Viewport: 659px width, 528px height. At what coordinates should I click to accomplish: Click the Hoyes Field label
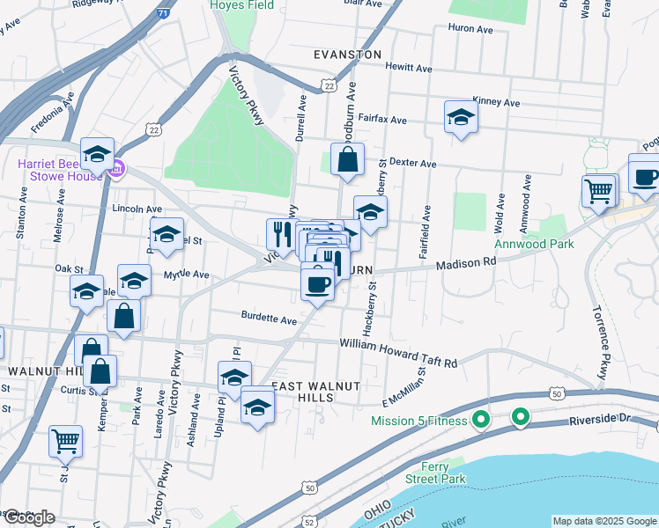244,5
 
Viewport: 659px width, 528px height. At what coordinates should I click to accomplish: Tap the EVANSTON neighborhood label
348,55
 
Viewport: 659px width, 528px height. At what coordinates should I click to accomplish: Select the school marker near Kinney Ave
461,117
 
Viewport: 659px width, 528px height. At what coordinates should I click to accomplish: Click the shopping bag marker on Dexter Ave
348,159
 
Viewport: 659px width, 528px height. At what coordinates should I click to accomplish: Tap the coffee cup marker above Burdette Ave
317,283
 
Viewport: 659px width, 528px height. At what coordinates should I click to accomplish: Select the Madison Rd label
466,262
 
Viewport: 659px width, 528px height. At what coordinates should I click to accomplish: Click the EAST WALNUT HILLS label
304,392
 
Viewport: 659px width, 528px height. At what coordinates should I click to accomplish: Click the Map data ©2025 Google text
604,521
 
